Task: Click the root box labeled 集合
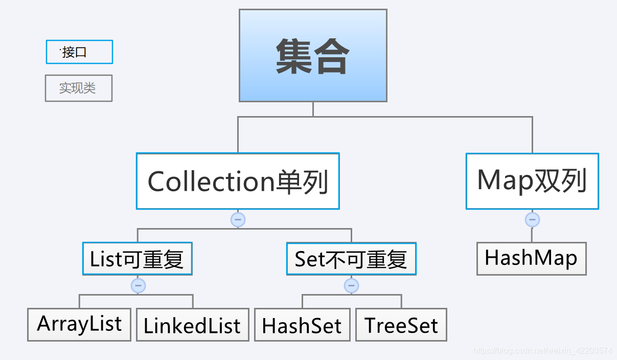click(x=313, y=55)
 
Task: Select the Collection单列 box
click(x=238, y=181)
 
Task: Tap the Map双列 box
click(x=532, y=181)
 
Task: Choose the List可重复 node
click(x=137, y=259)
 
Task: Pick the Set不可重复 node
click(x=351, y=259)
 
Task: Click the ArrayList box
click(x=79, y=324)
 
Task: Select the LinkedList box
click(x=192, y=325)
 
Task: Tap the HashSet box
click(x=302, y=325)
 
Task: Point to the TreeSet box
click(x=401, y=325)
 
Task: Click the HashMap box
click(x=531, y=259)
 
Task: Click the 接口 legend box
click(x=79, y=52)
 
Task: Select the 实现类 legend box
click(x=78, y=88)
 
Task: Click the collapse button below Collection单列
click(x=238, y=220)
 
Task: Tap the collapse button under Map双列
click(x=532, y=220)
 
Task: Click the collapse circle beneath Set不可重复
click(x=351, y=285)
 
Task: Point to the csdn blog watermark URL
click(x=542, y=351)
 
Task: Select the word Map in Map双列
click(x=504, y=181)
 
